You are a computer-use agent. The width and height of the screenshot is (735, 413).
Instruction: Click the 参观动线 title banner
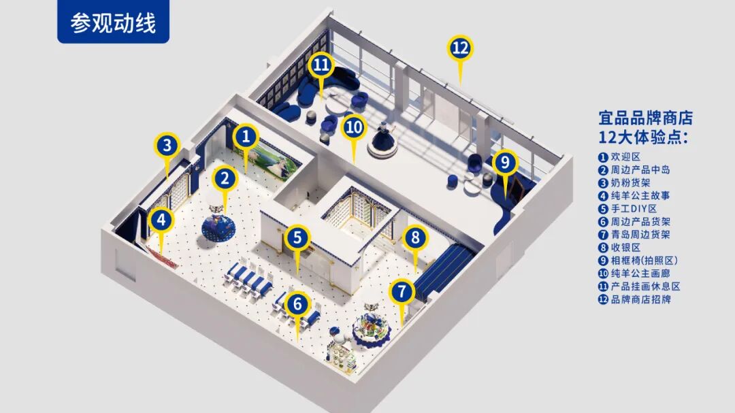113,22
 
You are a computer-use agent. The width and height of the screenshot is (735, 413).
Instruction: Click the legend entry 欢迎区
619,157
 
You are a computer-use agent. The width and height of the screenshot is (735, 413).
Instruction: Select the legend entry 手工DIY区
627,209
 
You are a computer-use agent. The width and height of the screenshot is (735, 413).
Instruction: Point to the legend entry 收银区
619,248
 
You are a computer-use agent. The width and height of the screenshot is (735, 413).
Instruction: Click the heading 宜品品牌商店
646,118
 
